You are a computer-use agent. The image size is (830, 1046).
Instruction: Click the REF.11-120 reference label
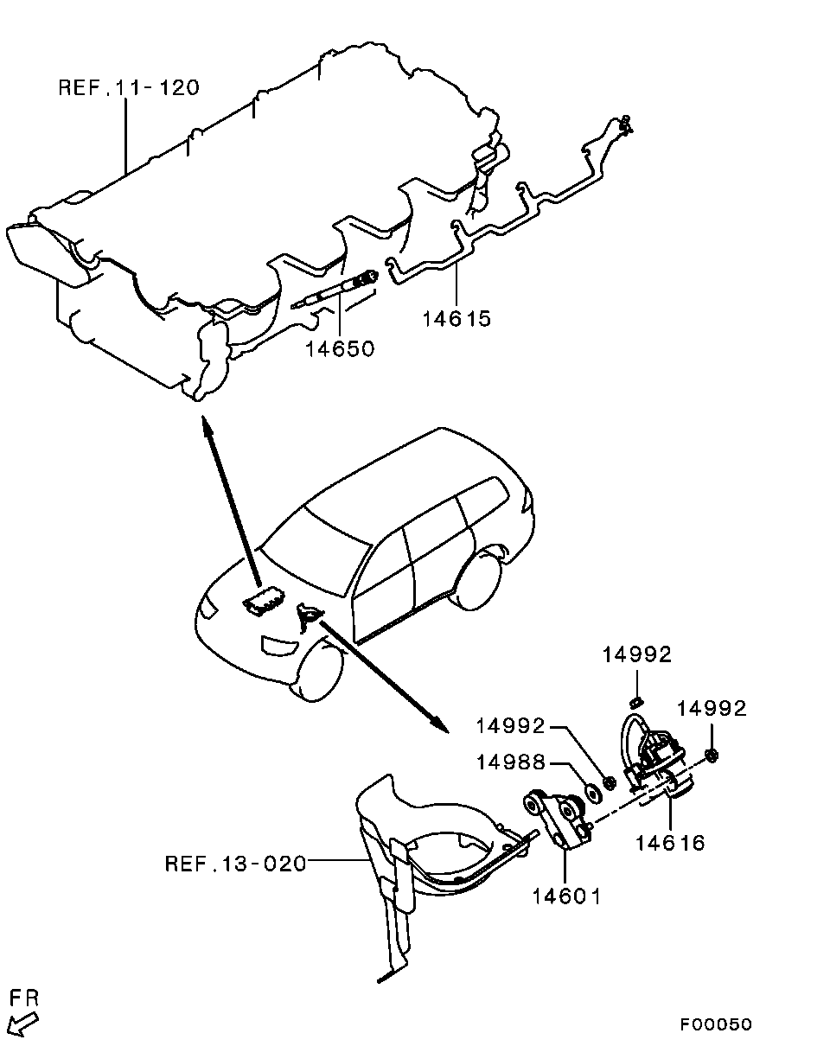pos(129,87)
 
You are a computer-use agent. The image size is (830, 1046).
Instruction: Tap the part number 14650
pos(340,348)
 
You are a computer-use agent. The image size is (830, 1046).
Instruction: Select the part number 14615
pos(456,319)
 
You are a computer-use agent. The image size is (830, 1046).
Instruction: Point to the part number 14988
pos(511,762)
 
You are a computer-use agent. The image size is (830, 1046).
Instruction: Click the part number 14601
pos(567,896)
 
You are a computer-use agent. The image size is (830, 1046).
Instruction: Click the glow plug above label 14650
pos(335,290)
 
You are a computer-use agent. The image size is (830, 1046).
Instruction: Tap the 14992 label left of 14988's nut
pos(511,726)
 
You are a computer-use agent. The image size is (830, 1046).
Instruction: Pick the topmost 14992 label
pos(637,654)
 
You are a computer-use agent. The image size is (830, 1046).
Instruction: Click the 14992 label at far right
pos(712,709)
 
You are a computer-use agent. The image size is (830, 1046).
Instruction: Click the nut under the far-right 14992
pos(712,756)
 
